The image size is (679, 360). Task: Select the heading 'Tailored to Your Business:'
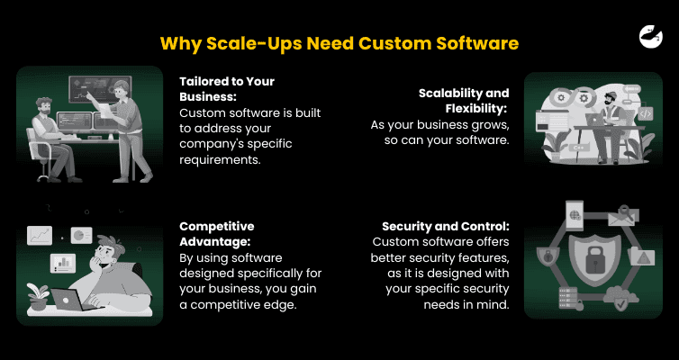(227, 88)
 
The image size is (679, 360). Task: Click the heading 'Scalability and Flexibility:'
(464, 101)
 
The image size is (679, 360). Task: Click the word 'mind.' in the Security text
(492, 304)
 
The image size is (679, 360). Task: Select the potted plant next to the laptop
(37, 294)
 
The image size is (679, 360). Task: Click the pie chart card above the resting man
(82, 234)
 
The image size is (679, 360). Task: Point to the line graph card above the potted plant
(40, 236)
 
